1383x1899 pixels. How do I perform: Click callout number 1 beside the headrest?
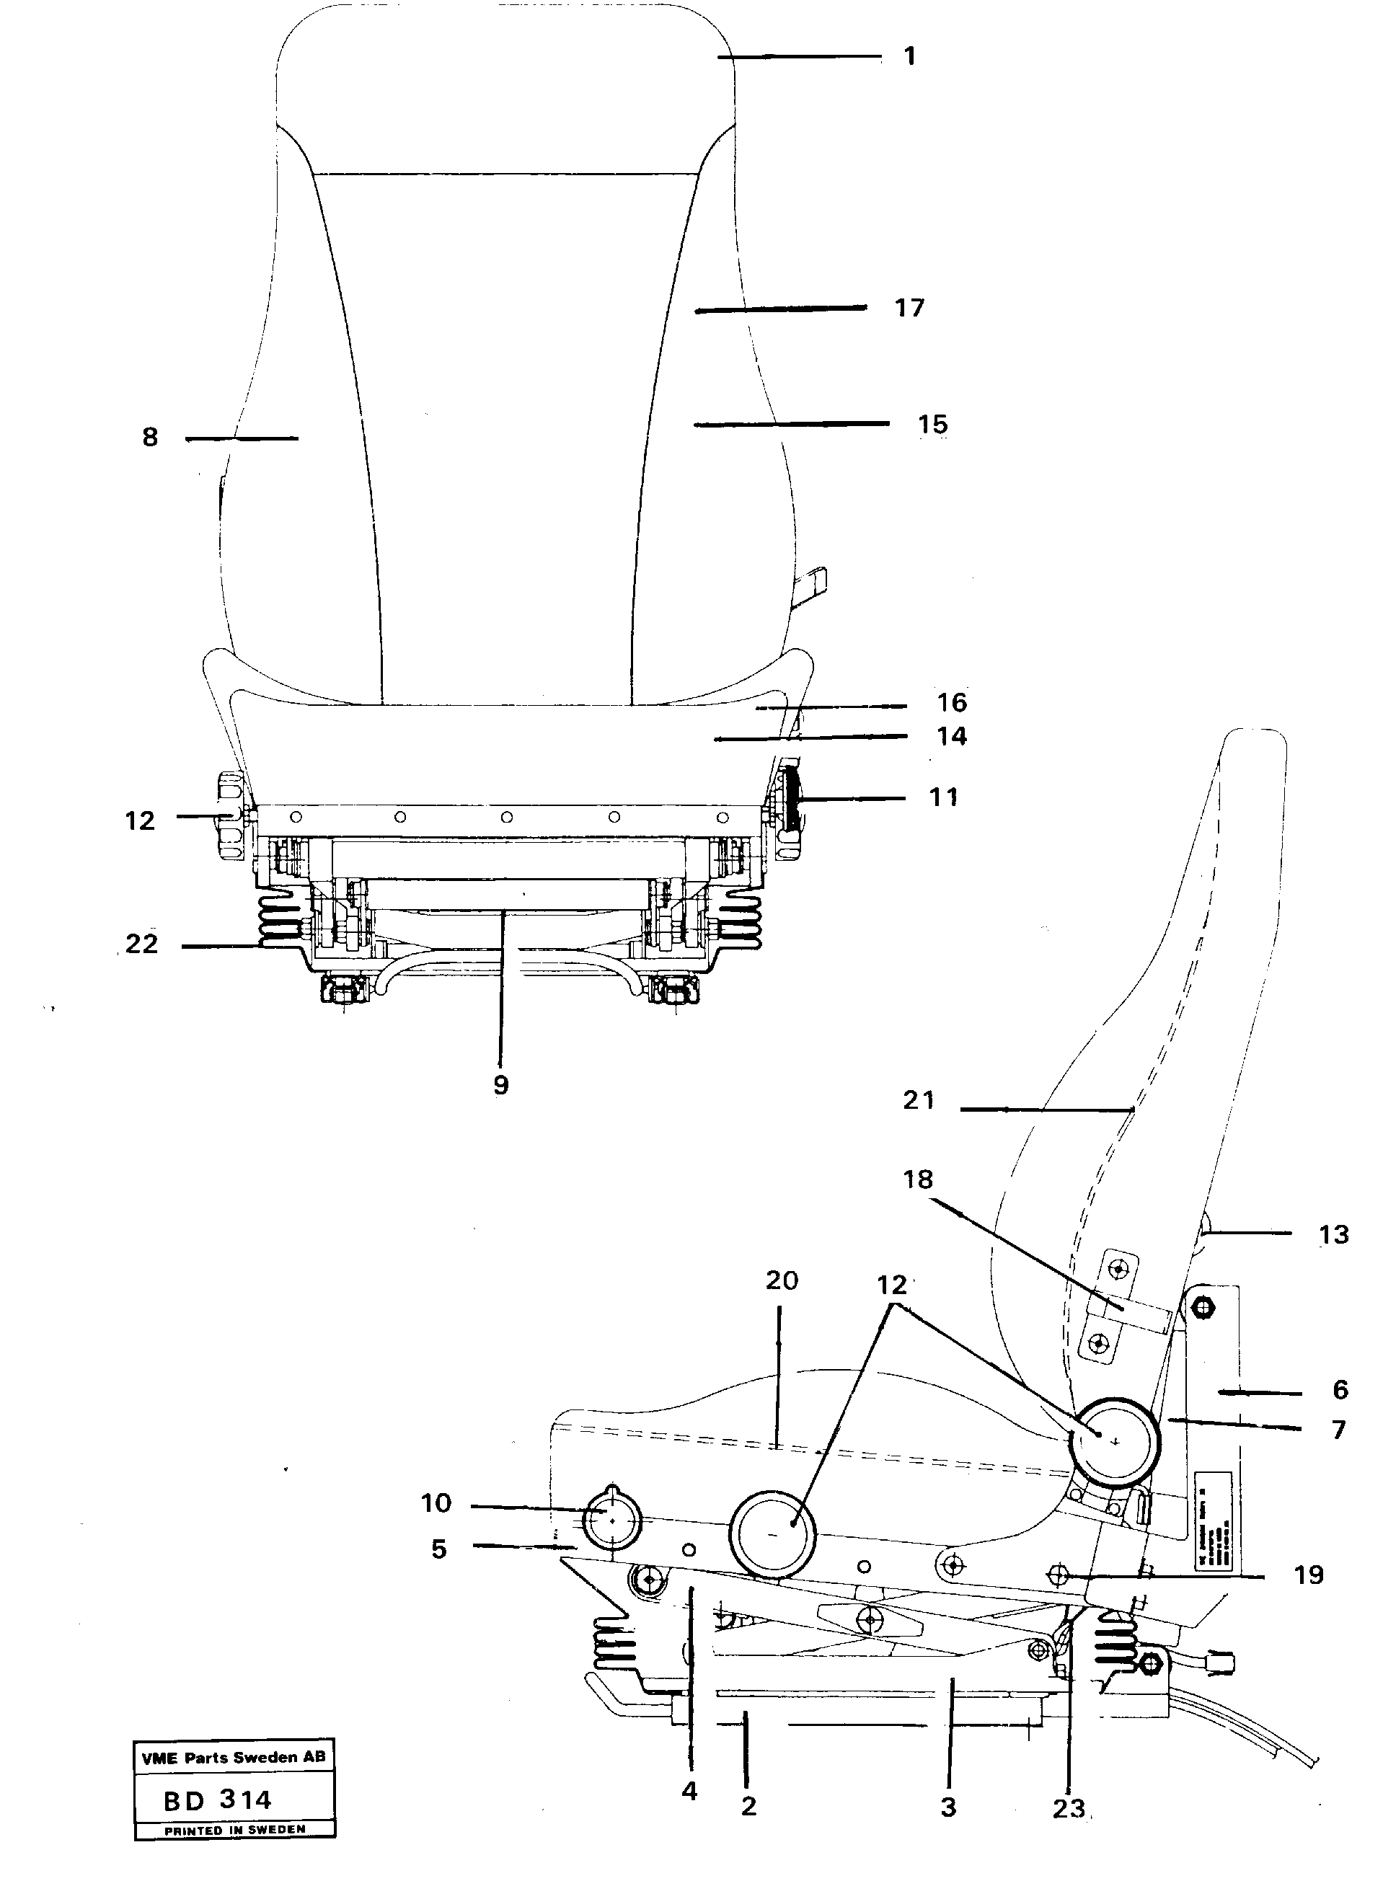910,56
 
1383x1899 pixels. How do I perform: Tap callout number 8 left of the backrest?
150,437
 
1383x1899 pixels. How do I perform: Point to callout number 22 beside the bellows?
141,944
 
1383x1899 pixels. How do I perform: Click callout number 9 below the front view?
500,1086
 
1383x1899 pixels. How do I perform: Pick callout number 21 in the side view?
918,1100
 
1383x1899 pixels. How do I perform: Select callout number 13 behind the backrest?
1333,1235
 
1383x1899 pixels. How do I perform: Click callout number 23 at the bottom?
1069,1810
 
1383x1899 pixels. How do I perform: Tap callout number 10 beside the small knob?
436,1504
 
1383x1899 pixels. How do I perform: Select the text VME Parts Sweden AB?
234,1758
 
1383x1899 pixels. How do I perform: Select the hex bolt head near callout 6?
1203,1307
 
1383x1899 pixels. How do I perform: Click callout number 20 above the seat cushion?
781,1280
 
